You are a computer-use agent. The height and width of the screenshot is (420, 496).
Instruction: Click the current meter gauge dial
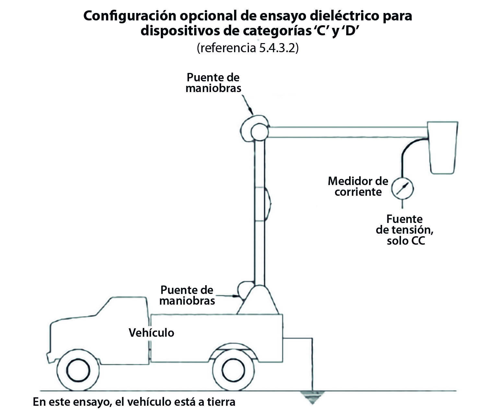(x=402, y=188)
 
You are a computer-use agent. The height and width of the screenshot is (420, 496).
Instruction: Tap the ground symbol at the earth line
(x=313, y=397)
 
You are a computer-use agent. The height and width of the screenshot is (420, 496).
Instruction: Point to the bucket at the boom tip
(x=443, y=147)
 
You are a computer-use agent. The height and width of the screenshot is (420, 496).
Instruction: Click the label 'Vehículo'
(x=151, y=333)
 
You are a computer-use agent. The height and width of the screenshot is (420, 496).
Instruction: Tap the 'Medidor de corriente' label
(x=358, y=186)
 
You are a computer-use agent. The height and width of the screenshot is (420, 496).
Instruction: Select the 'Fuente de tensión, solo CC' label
(x=405, y=230)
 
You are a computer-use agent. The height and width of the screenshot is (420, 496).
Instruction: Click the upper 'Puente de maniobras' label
(x=213, y=83)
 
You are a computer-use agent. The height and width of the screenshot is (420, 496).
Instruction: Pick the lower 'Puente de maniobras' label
(x=187, y=295)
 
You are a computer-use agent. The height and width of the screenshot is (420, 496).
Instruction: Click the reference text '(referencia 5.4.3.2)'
(x=248, y=48)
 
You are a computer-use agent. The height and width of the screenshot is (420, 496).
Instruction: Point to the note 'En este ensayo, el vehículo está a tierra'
(x=134, y=402)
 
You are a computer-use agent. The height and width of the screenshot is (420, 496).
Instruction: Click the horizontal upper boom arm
(x=348, y=132)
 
